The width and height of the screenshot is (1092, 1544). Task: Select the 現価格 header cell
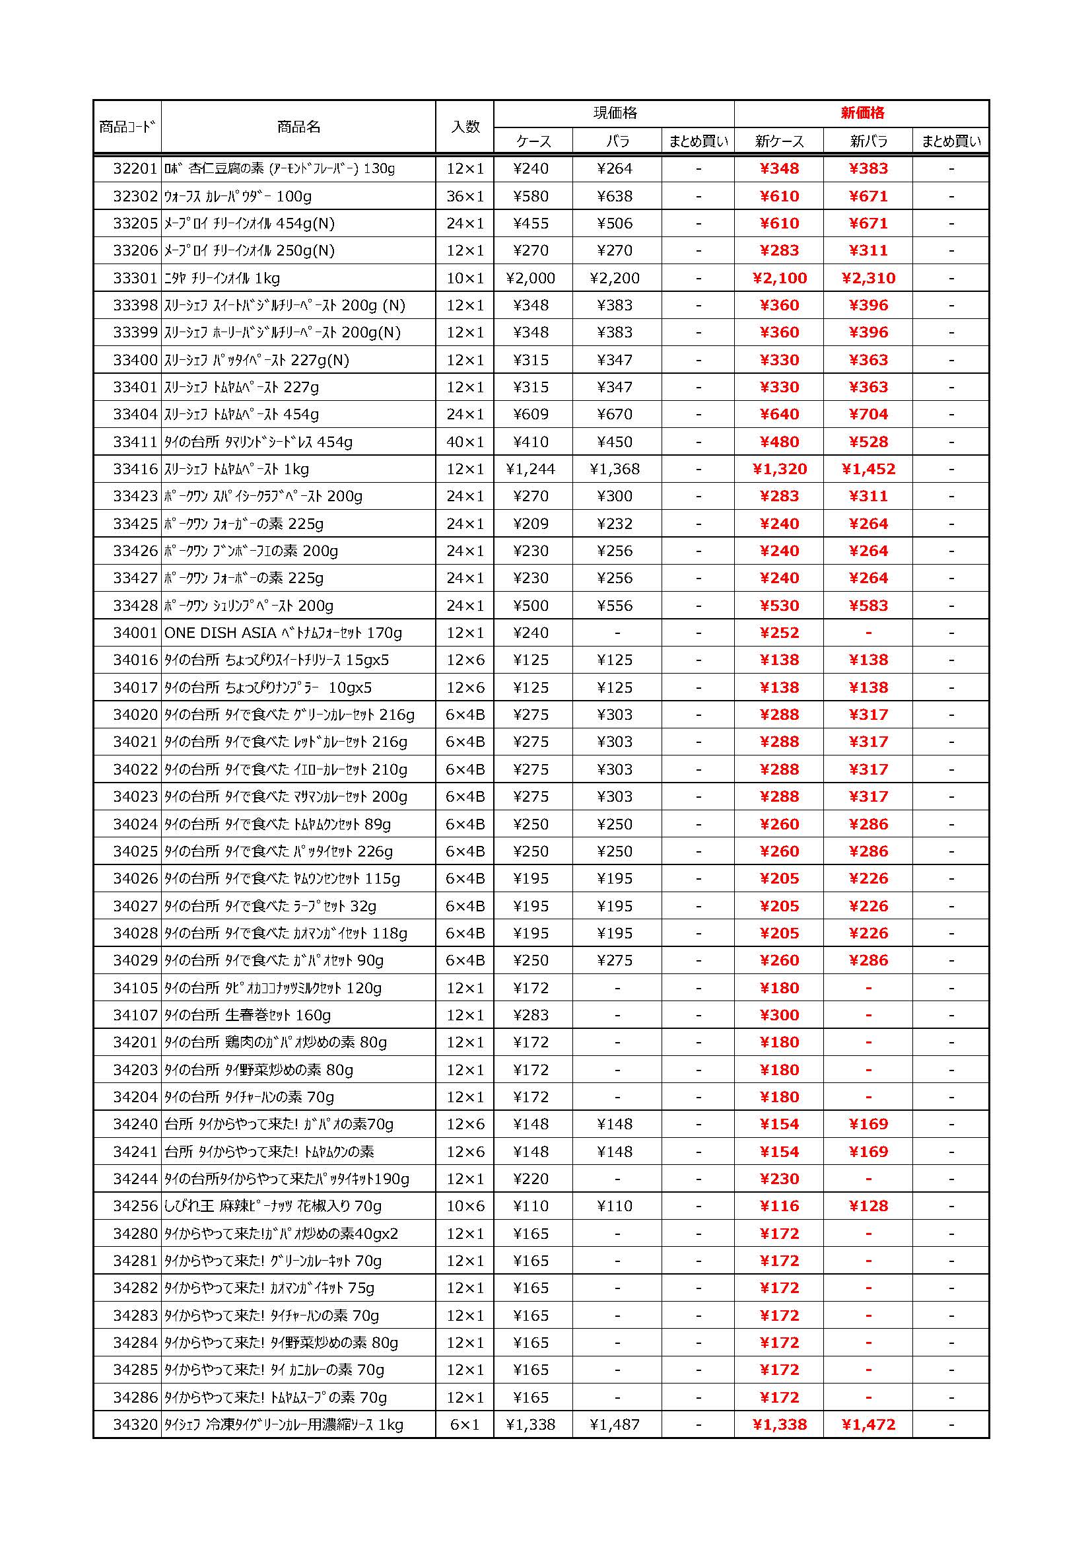[615, 113]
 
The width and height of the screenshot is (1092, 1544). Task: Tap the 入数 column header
[465, 126]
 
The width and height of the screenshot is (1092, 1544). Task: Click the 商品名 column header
[298, 126]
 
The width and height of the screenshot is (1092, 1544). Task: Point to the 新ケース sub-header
[778, 141]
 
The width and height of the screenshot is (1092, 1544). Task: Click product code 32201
[135, 169]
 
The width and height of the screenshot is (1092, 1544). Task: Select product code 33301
[135, 278]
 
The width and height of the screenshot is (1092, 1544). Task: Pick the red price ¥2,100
[779, 278]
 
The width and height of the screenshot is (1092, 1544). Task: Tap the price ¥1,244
[531, 469]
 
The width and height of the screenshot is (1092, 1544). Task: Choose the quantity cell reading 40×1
[465, 442]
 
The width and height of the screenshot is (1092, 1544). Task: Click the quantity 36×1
[465, 196]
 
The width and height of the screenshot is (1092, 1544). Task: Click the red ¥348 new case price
[779, 169]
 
